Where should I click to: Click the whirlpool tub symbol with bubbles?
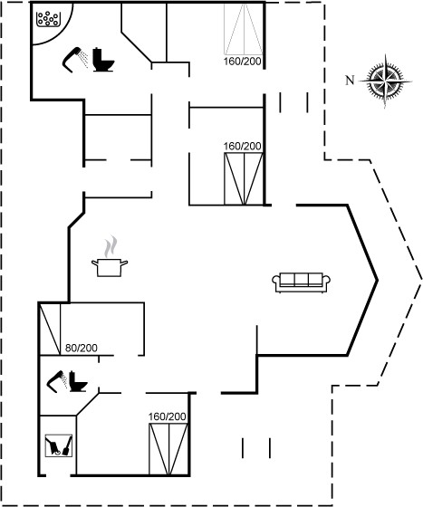[x=48, y=19]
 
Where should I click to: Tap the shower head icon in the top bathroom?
[x=74, y=60]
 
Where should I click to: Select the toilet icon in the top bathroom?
[x=103, y=60]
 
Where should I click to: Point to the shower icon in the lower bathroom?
[x=57, y=381]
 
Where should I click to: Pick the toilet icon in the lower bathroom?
[x=78, y=381]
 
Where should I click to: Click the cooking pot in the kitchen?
[x=110, y=268]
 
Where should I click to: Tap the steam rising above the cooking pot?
[x=111, y=246]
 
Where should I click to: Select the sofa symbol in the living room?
[x=301, y=282]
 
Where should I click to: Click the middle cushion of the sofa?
[x=301, y=280]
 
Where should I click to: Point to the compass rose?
[x=385, y=81]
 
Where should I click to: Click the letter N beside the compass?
[x=350, y=81]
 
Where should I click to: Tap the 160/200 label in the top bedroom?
[x=242, y=62]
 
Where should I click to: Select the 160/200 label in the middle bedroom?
[x=242, y=146]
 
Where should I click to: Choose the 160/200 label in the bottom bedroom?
[x=168, y=416]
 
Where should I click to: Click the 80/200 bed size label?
[x=82, y=348]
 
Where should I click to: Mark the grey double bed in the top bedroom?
[x=244, y=28]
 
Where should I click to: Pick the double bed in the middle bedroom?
[x=244, y=179]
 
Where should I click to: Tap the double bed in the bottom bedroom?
[x=168, y=449]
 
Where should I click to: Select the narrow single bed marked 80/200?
[x=50, y=329]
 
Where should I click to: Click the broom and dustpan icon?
[x=59, y=445]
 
